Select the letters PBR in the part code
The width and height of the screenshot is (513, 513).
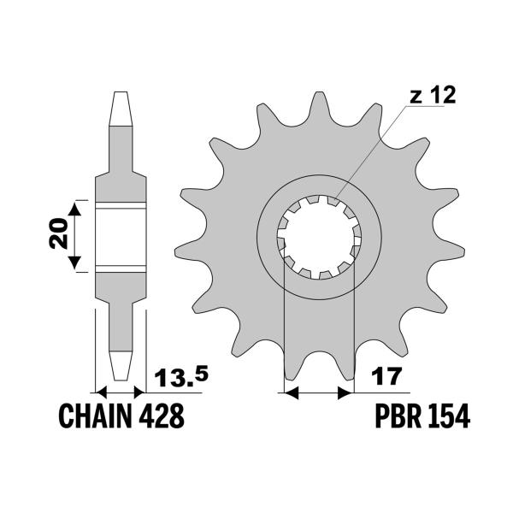[x=394, y=417]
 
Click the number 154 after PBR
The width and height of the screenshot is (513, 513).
[x=448, y=417]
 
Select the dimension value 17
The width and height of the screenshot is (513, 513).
[x=382, y=376]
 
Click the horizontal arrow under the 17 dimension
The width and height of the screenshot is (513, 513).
[x=317, y=393]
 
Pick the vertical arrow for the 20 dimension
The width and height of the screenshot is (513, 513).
[x=78, y=235]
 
